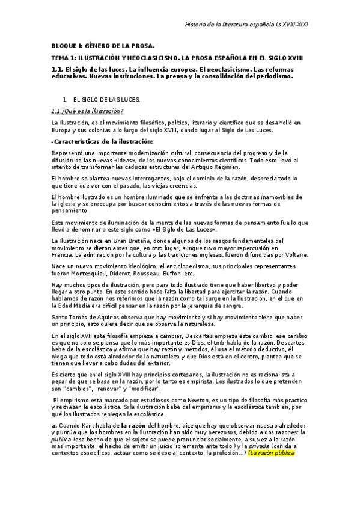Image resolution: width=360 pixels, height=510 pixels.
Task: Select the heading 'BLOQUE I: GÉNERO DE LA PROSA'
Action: [102, 46]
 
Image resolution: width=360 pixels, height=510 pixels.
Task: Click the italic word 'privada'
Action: [259, 446]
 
